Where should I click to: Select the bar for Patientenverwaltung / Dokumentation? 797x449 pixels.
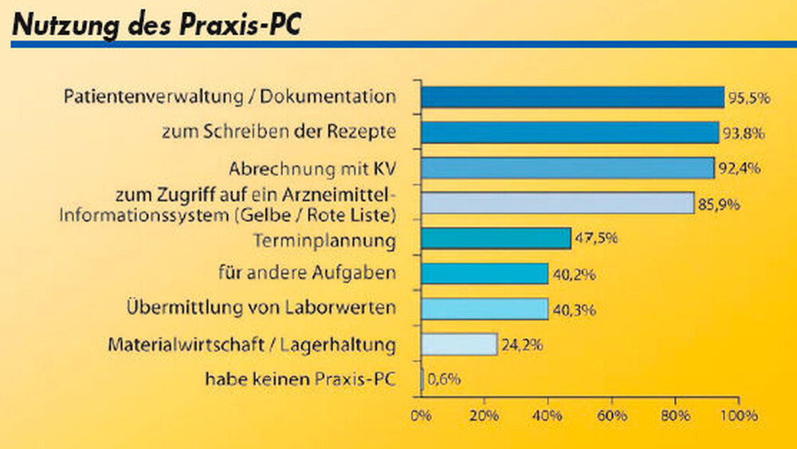(x=572, y=97)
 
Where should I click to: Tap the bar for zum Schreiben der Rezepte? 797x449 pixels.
(x=570, y=132)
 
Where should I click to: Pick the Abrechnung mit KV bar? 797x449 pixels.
(x=567, y=167)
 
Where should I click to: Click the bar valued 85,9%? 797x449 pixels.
(x=557, y=203)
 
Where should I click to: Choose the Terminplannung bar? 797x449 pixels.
(x=496, y=238)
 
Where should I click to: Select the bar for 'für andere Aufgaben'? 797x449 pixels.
(x=485, y=274)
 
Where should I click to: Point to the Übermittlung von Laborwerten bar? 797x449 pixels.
(x=485, y=309)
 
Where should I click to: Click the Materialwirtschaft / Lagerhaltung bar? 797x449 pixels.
(x=459, y=345)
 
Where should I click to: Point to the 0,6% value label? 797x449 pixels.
(x=444, y=380)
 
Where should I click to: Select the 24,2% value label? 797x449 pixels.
(x=522, y=346)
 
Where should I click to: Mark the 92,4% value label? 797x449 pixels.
(x=739, y=169)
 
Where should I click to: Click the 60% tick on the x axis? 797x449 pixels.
(x=611, y=416)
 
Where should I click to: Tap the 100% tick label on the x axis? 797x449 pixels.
(x=738, y=416)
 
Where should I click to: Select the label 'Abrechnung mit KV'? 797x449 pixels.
(x=312, y=169)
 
